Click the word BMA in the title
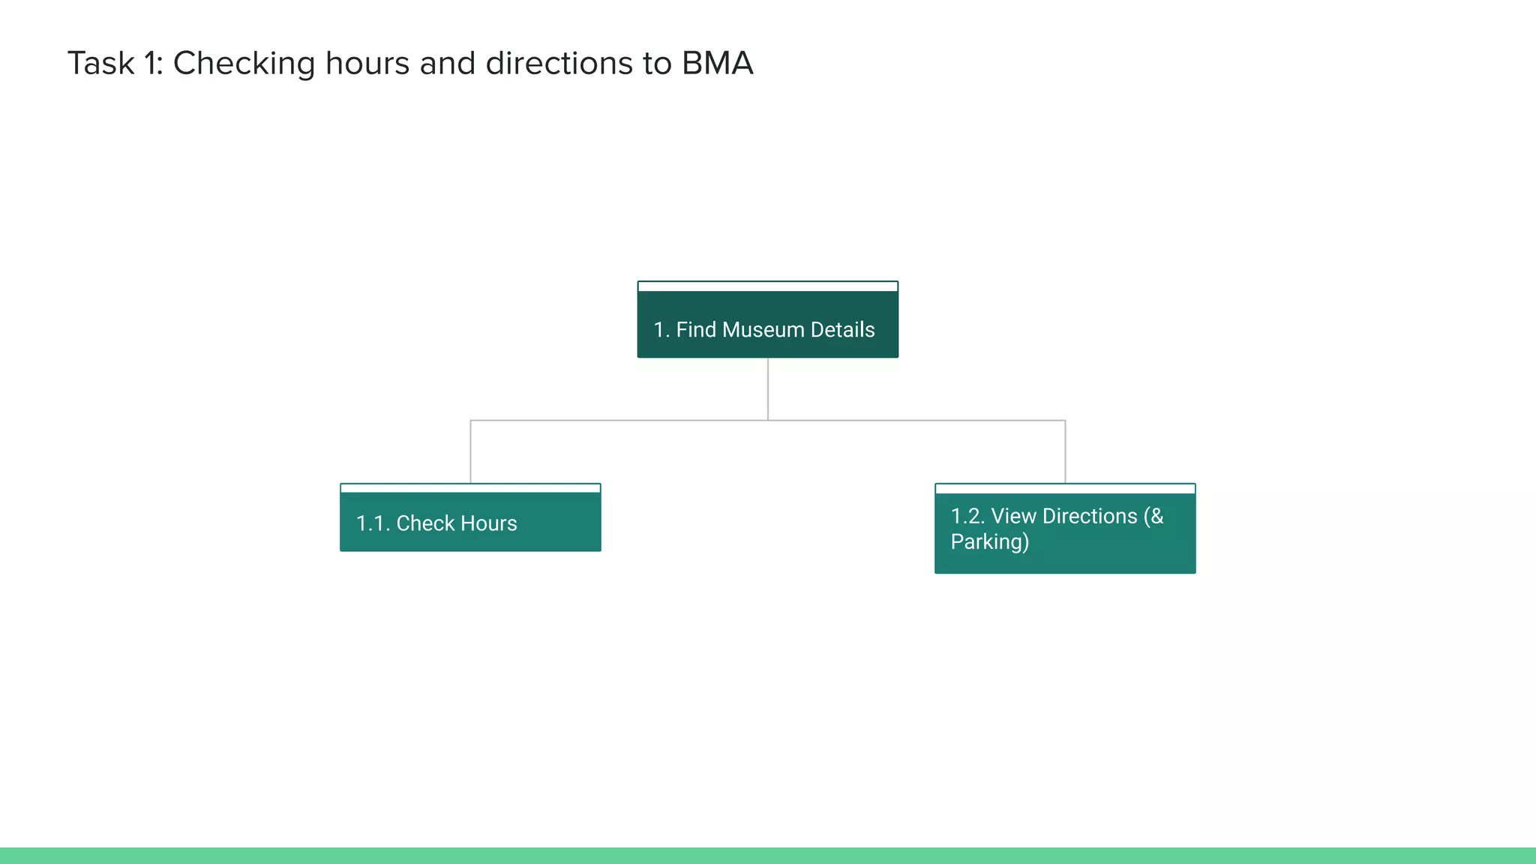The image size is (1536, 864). pos(717,64)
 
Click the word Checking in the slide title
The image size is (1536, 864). pos(244,64)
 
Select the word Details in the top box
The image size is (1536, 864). pos(842,330)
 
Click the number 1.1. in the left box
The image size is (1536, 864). pos(373,523)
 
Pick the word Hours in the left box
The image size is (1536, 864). pos(488,523)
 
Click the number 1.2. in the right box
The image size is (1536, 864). pos(967,516)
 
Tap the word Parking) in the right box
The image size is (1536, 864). pos(990,541)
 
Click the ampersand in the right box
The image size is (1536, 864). pos(1156,516)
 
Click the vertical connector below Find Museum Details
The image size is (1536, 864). pos(768,388)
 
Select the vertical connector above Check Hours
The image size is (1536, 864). pos(471,451)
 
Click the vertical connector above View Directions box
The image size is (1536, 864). pos(1065,451)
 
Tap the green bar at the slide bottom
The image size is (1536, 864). pos(768,856)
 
